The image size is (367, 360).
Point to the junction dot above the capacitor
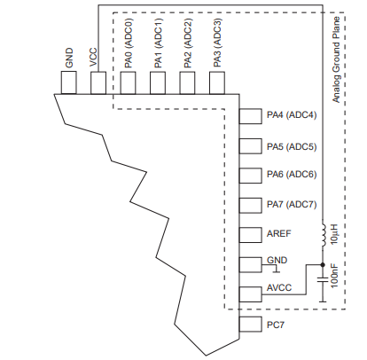321,264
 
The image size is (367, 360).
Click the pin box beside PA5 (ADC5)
251,146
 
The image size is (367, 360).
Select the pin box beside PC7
251,325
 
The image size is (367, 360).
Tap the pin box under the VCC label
98,82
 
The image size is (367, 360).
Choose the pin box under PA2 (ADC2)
187,82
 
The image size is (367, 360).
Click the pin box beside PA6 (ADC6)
251,176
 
